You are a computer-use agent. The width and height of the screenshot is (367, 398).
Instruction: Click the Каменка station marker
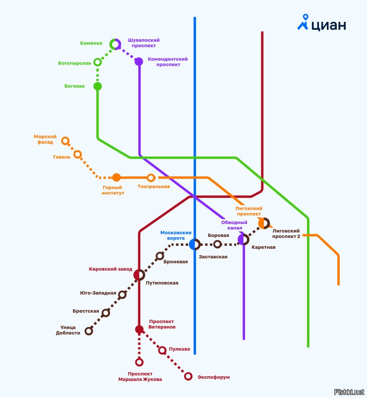(x=115, y=44)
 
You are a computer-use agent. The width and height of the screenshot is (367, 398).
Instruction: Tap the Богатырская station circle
(x=98, y=62)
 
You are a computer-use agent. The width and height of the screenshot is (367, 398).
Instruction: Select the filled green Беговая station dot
(x=98, y=86)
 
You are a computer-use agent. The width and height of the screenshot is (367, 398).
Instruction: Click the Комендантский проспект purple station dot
(x=139, y=61)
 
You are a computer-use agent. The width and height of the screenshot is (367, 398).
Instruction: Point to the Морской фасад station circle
(x=65, y=141)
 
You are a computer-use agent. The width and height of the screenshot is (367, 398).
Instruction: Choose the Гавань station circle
(x=77, y=154)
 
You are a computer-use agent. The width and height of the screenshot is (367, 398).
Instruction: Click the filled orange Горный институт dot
(x=117, y=177)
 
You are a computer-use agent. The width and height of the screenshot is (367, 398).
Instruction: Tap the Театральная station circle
(x=151, y=177)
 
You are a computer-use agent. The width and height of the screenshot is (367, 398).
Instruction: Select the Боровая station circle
(x=217, y=244)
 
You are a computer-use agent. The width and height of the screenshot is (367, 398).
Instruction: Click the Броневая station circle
(x=160, y=256)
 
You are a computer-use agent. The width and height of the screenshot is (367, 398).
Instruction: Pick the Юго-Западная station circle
(x=122, y=294)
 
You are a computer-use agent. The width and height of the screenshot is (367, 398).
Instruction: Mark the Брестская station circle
(x=106, y=312)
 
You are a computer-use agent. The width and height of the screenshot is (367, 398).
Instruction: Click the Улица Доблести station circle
(x=89, y=331)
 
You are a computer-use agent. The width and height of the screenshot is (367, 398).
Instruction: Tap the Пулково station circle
(x=162, y=350)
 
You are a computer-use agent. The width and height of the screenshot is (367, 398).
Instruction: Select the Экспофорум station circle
(x=188, y=377)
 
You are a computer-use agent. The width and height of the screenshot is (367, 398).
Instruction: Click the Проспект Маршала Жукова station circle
(x=139, y=362)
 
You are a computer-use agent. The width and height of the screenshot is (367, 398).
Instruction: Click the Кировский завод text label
(x=111, y=269)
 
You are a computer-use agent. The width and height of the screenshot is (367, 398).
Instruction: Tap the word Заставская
(x=213, y=257)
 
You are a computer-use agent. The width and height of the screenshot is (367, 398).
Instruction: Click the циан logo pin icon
(x=303, y=22)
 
